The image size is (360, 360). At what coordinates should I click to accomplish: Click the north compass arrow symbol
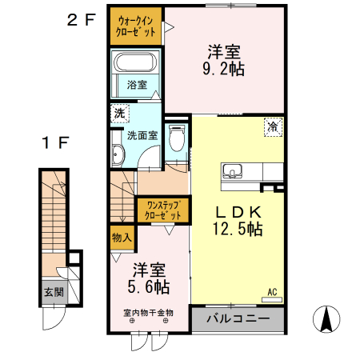(326, 319)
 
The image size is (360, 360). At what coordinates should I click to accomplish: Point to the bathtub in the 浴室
(136, 63)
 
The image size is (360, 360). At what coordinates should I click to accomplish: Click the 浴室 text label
(137, 85)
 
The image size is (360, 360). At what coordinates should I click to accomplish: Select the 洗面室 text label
(142, 135)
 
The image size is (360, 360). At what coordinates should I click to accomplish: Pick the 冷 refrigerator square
(274, 126)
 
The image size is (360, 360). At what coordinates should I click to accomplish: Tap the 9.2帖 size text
(226, 70)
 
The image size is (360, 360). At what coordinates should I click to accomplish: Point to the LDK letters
(238, 212)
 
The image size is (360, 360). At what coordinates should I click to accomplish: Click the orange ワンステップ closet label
(164, 210)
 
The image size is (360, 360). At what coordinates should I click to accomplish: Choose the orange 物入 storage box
(122, 238)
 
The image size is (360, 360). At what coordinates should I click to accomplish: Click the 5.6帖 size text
(150, 285)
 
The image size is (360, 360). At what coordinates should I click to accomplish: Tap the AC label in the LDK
(272, 292)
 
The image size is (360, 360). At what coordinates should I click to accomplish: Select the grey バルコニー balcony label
(237, 319)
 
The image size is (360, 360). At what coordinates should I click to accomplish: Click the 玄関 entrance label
(54, 291)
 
